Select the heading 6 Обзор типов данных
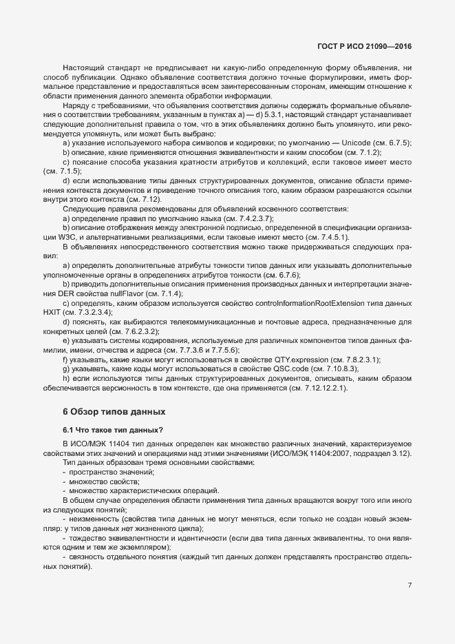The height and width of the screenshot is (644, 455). click(x=114, y=412)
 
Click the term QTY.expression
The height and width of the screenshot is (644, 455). click(x=291, y=360)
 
